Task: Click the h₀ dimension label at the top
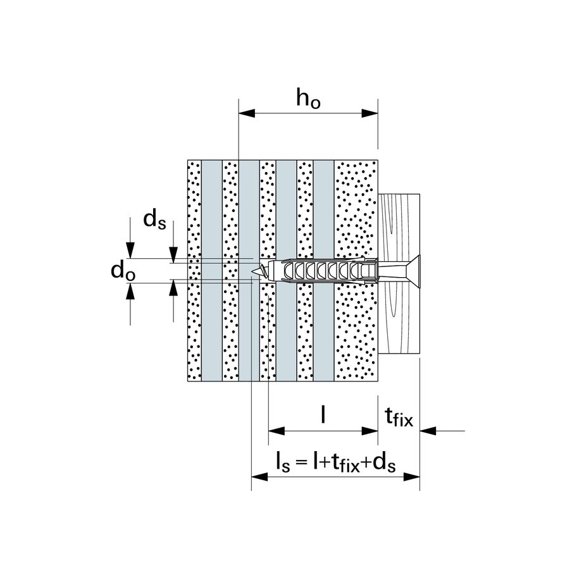pos(308,99)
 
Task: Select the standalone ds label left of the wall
pos(155,219)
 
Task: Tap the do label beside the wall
pos(122,271)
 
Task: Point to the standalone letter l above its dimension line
pos(324,414)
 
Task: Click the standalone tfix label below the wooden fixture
pos(398,417)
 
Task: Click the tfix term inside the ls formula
pos(342,462)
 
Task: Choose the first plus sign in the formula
pos(323,462)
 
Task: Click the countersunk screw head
pos(410,270)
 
